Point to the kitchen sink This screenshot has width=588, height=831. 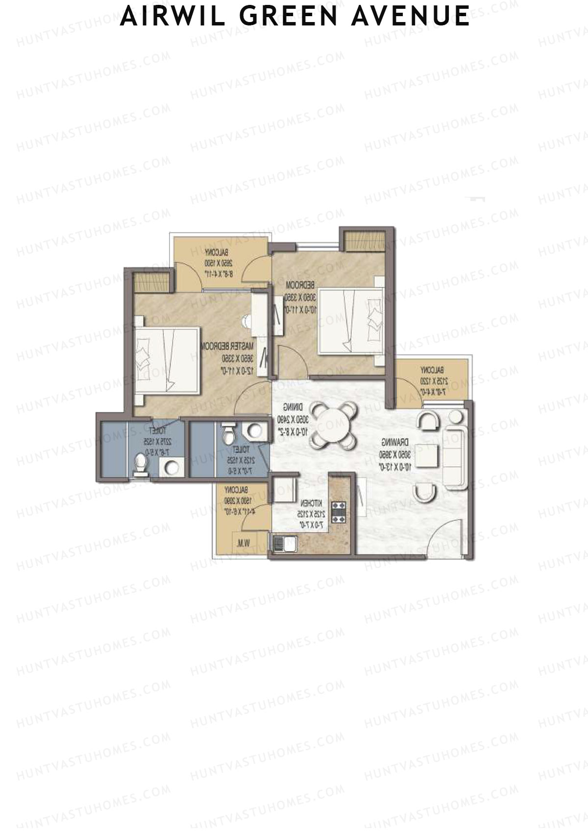pos(285,543)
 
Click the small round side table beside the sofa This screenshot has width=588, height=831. pos(456,417)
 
